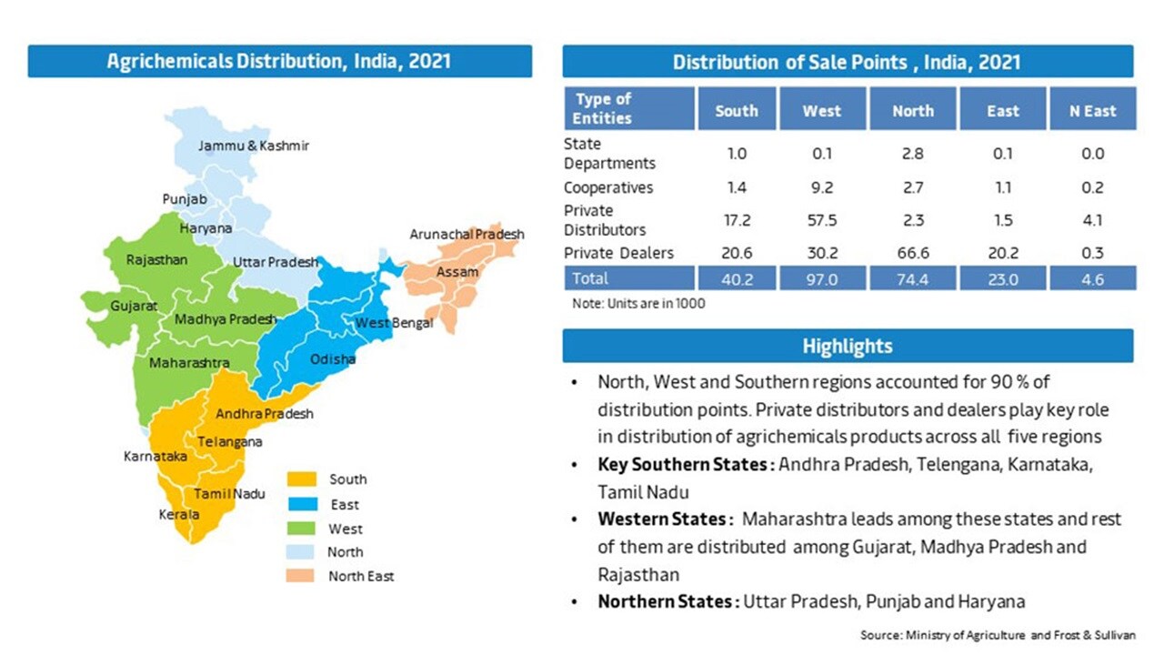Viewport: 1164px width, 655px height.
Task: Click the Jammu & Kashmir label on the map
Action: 254,146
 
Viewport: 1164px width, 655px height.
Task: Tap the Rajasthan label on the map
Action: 156,260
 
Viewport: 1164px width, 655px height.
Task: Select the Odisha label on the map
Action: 333,359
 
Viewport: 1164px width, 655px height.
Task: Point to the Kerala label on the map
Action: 179,515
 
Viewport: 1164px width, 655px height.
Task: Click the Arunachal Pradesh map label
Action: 467,235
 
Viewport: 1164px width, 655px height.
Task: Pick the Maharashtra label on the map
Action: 189,363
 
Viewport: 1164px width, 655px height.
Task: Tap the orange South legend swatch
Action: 300,479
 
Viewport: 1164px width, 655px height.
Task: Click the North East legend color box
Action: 300,576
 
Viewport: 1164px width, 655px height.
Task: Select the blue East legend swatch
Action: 300,504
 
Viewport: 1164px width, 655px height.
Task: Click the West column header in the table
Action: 821,110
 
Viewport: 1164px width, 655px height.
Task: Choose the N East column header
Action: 1092,110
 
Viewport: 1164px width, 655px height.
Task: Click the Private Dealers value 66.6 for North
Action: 912,253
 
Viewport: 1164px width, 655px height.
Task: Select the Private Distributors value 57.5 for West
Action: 821,220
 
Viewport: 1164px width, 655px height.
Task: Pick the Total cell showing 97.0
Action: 821,279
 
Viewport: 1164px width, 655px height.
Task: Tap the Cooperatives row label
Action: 608,188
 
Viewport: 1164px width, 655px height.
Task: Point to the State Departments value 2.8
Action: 912,154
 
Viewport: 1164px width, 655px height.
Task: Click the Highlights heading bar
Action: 848,346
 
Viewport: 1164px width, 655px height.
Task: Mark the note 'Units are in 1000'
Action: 637,304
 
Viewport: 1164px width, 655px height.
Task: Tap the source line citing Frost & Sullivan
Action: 998,633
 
